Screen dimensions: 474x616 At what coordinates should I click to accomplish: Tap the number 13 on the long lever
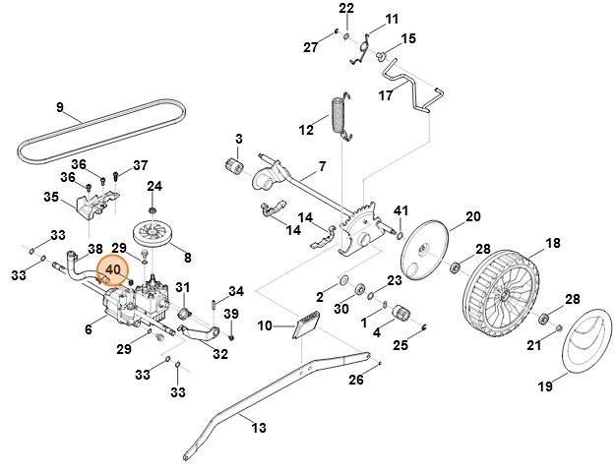coord(259,427)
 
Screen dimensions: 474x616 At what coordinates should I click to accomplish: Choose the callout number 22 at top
coord(345,9)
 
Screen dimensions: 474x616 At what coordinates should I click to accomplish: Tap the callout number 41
coord(400,211)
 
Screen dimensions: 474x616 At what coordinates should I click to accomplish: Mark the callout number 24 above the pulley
coord(154,186)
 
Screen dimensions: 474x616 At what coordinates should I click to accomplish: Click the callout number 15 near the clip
coord(408,38)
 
